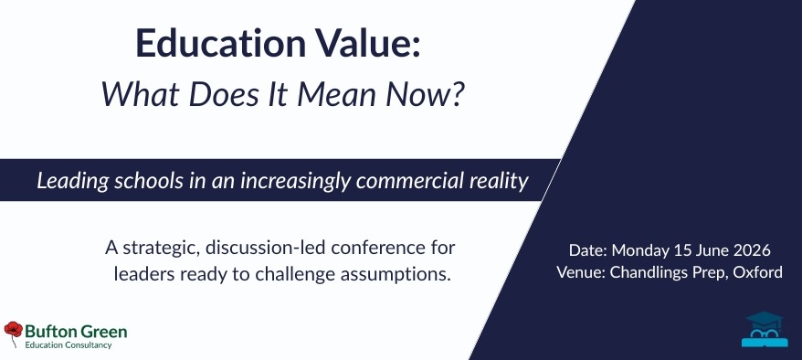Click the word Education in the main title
point(220,43)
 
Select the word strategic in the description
point(160,248)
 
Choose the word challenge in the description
point(296,275)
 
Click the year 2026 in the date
point(752,250)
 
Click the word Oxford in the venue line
point(757,272)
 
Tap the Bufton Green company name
point(76,332)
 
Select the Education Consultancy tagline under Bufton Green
point(68,345)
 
